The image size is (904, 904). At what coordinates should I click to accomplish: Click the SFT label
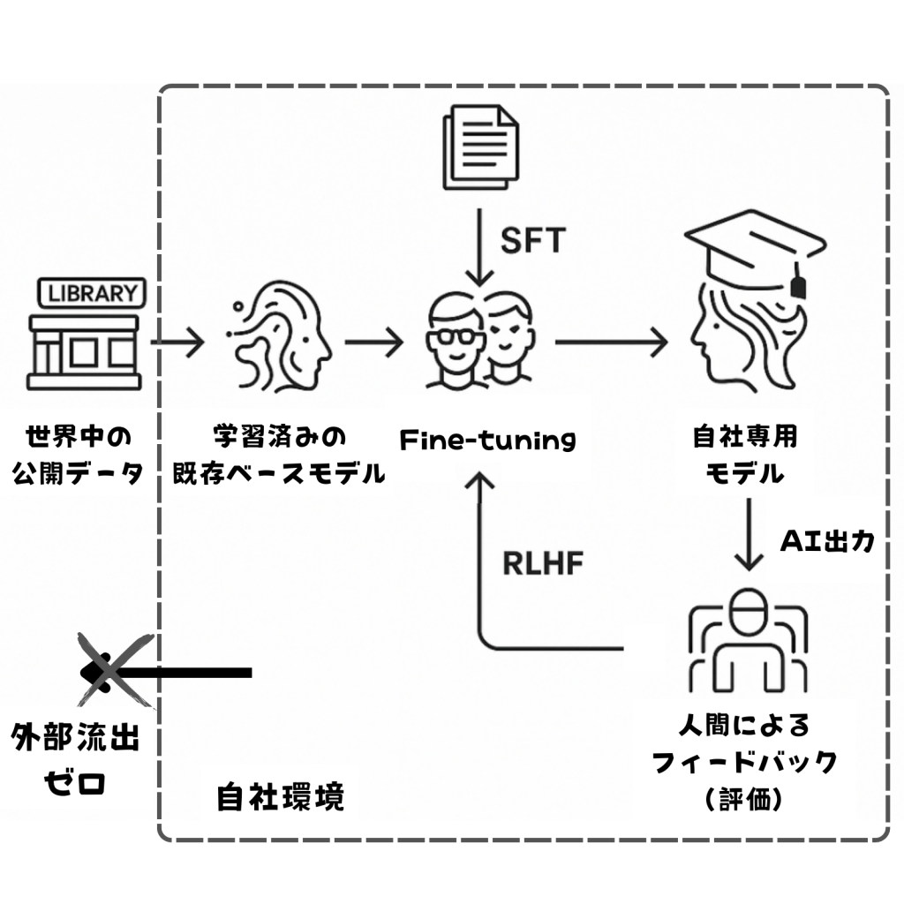532,239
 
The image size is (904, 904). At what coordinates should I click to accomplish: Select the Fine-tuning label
487,439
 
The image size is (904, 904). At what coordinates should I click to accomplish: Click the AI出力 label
827,540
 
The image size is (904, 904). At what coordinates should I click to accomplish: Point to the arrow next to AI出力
750,534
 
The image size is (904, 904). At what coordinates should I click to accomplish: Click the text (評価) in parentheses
744,799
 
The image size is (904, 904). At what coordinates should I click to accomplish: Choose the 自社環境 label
280,797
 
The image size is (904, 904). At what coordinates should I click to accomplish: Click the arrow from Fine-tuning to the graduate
612,342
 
